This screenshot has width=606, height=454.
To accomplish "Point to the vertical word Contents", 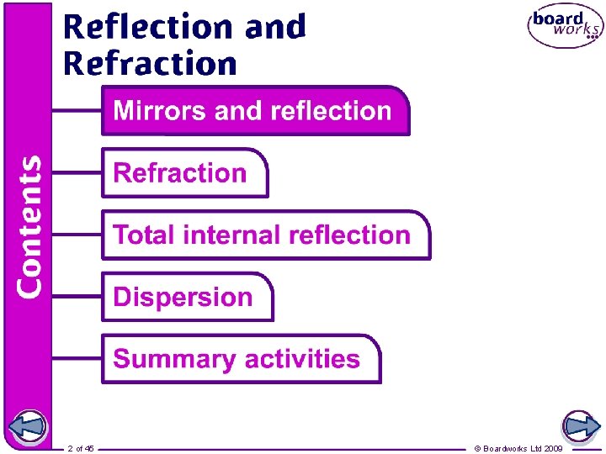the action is click(30, 225).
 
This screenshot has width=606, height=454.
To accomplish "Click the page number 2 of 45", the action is click(82, 449).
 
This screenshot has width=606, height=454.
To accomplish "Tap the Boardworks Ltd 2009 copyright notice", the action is click(519, 449).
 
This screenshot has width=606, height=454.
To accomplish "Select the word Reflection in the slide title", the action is click(150, 27).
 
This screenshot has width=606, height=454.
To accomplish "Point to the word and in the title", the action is click(275, 27).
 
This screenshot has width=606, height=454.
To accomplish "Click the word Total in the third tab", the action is click(141, 235).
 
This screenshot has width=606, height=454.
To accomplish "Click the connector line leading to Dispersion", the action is click(77, 297).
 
